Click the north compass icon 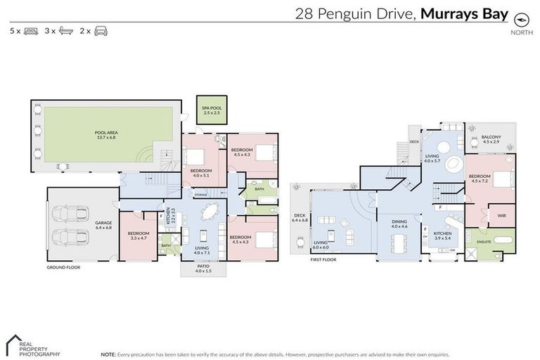(520, 19)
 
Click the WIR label (501, 215)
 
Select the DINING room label (399, 224)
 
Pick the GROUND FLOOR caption (62, 267)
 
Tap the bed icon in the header (30, 31)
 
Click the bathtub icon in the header (66, 31)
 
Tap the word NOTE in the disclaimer (108, 354)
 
